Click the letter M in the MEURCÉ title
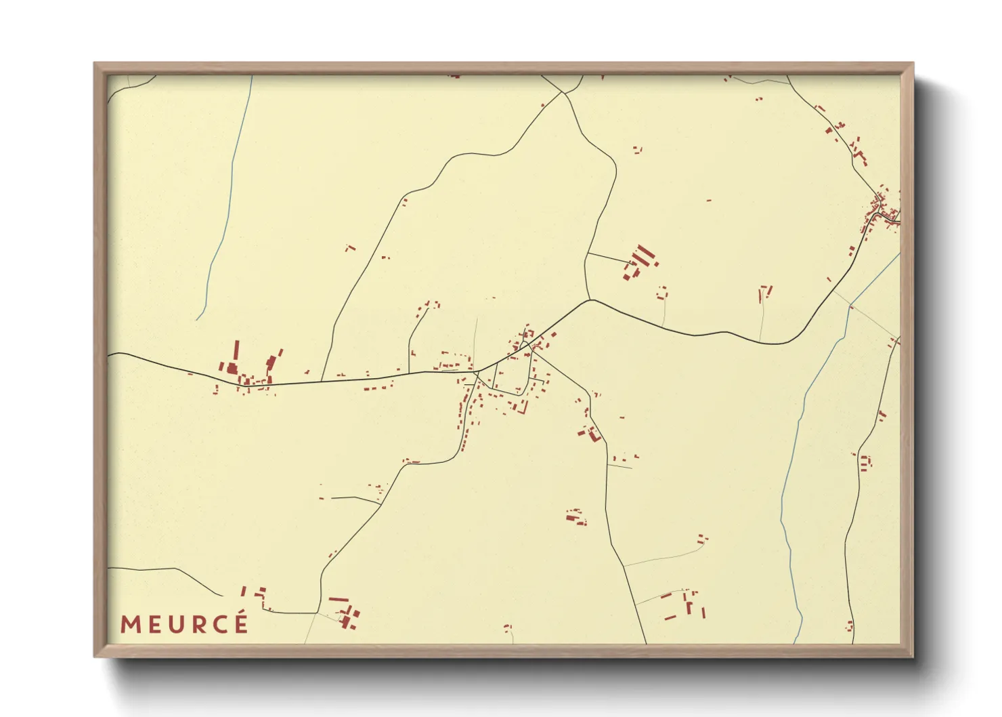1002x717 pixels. coord(131,625)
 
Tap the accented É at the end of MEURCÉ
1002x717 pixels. coord(241,623)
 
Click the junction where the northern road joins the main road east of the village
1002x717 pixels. coord(590,300)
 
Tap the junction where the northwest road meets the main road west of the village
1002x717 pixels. coord(322,380)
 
